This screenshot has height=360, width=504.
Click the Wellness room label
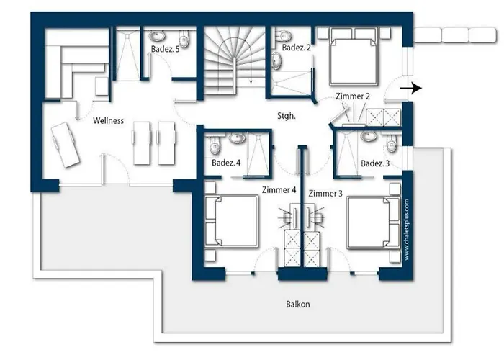[x=108, y=120]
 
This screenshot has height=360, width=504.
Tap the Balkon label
[x=298, y=304]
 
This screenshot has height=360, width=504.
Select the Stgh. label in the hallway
[x=287, y=116]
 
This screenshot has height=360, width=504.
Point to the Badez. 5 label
[x=165, y=49]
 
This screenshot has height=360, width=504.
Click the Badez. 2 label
[x=297, y=48]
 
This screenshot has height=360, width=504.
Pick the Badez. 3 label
[x=375, y=163]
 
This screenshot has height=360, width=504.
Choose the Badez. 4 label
[x=226, y=163]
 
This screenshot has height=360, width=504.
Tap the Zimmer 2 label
[x=353, y=96]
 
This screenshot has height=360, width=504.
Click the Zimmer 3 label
[x=325, y=194]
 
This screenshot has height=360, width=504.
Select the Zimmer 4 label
[x=279, y=190]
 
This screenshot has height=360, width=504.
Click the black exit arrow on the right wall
[x=411, y=88]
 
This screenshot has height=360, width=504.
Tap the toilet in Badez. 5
[x=184, y=38]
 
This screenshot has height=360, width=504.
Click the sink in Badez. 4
[x=237, y=138]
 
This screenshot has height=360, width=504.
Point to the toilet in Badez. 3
[x=391, y=143]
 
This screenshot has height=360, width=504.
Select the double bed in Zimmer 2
[x=354, y=57]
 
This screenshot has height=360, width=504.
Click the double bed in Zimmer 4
[x=232, y=222]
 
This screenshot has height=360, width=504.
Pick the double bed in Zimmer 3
[x=374, y=222]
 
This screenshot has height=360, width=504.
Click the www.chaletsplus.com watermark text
[x=407, y=230]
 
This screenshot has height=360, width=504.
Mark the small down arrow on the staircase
[x=251, y=81]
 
